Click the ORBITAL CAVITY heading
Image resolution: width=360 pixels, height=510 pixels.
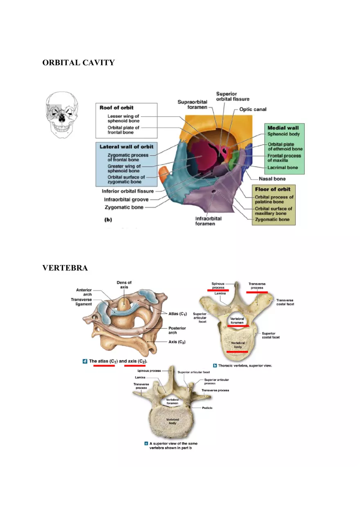(78, 63)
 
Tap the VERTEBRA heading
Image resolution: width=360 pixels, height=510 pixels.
(65, 268)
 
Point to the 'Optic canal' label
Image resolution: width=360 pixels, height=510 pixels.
(253, 109)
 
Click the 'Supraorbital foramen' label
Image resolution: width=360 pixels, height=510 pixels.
(192, 104)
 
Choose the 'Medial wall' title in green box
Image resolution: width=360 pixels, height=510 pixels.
(283, 128)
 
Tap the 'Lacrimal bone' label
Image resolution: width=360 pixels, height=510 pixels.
(283, 168)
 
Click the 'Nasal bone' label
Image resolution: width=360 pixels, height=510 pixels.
(272, 179)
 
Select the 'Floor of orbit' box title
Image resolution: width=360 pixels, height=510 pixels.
(273, 189)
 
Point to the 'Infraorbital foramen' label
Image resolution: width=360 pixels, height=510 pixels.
(208, 221)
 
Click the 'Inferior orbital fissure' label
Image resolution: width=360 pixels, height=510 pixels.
(128, 191)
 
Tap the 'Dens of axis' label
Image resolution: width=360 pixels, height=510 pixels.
(124, 285)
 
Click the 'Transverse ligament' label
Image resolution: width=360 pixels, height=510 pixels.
(81, 302)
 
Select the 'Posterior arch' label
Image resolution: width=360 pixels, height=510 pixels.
(177, 330)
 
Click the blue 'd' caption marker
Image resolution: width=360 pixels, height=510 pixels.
(85, 361)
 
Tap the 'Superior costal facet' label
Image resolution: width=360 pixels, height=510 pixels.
(271, 335)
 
